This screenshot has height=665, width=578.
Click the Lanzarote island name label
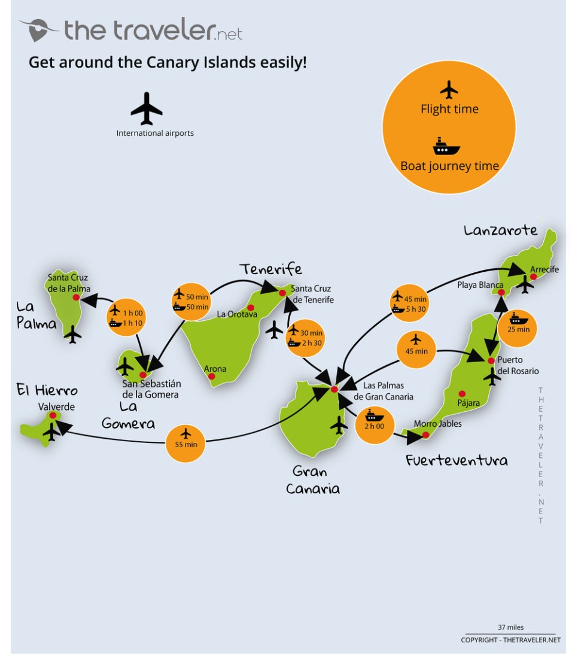[500, 230]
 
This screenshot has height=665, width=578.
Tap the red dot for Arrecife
[533, 277]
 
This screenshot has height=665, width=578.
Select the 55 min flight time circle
[185, 444]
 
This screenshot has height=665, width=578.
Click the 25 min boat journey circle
[518, 328]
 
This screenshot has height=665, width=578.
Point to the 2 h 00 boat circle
[375, 424]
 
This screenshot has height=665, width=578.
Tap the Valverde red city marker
[53, 415]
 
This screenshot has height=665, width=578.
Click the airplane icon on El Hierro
[51, 431]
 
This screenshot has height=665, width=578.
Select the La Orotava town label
[237, 314]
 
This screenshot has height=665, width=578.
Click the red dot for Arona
[211, 376]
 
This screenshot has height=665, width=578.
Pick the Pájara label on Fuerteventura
[468, 403]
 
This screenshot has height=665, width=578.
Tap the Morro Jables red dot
[425, 435]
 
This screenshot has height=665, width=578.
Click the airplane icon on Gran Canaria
[339, 425]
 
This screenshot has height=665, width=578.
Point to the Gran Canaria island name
[312, 480]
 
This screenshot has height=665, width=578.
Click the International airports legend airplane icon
[147, 108]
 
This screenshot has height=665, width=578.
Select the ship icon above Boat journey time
[446, 147]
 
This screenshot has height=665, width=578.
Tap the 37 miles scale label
[510, 627]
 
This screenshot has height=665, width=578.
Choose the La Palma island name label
[36, 315]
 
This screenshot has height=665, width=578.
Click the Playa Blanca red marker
[501, 293]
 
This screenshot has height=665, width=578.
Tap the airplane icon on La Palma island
[73, 334]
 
